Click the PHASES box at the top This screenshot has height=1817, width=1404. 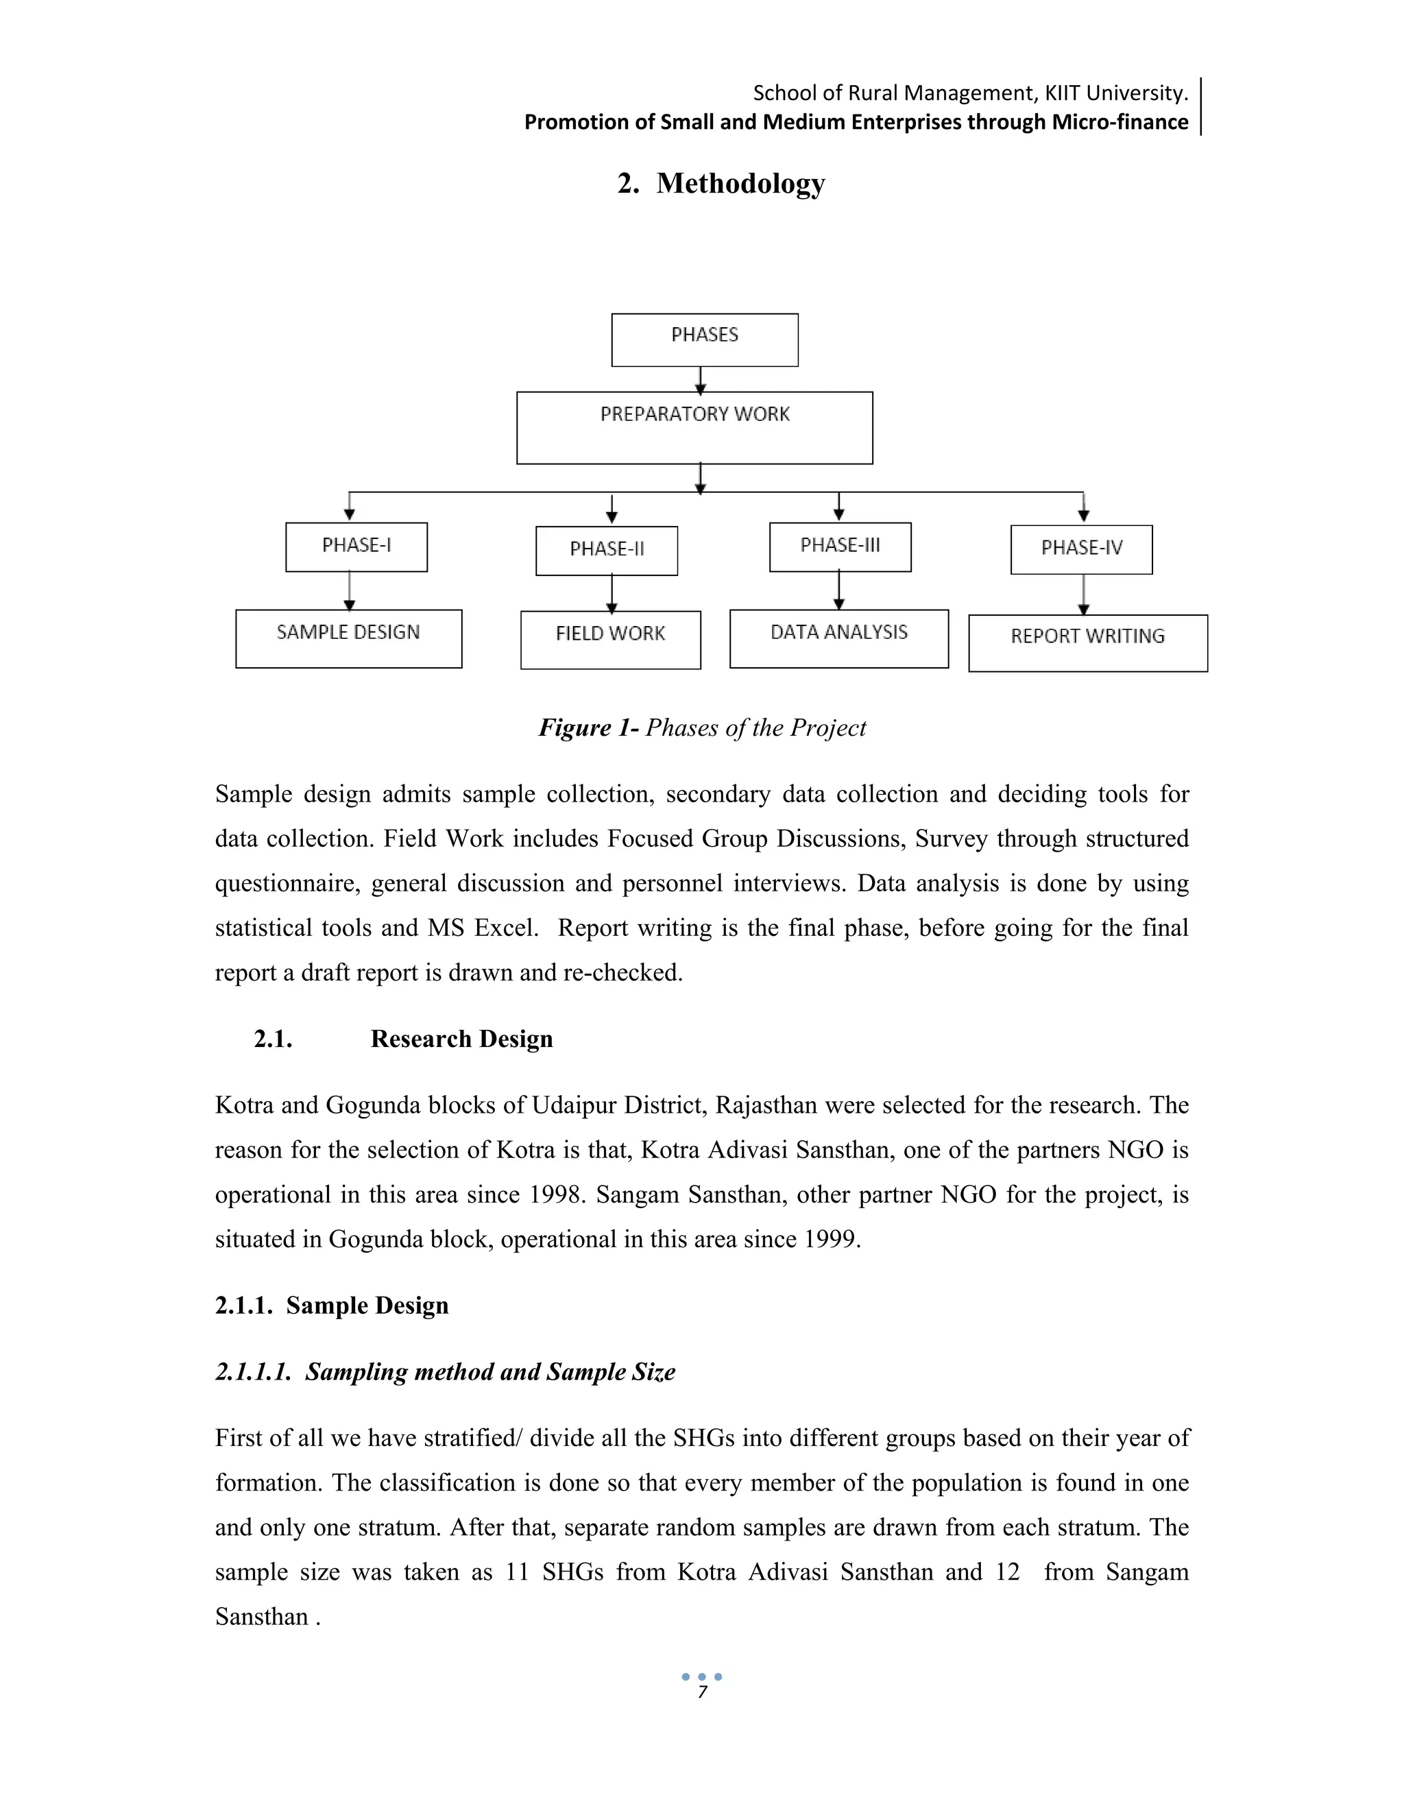coord(705,339)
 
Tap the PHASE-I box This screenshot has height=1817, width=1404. coord(356,546)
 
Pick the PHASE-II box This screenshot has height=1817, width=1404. coord(606,550)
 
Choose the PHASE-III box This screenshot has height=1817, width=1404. coord(840,546)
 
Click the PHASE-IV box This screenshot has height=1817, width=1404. coord(1081,549)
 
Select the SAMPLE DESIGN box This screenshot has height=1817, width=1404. coord(348,638)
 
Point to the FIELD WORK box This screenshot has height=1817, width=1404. coord(611,640)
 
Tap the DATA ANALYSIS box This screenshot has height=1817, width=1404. coord(838,638)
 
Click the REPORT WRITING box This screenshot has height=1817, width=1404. coord(1088,642)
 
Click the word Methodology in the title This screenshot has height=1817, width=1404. coord(740,183)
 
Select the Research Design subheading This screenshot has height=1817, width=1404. coord(461,1039)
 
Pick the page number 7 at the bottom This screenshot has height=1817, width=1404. coord(702,1692)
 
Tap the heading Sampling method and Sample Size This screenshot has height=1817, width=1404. coord(490,1372)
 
